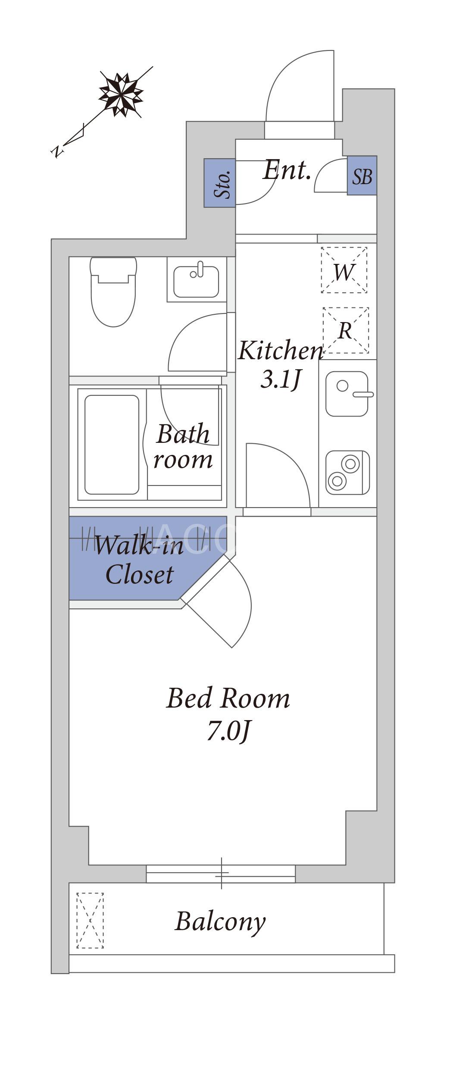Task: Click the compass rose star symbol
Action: tap(121, 94)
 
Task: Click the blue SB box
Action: tap(362, 175)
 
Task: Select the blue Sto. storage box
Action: tap(220, 183)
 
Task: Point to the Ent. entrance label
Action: tap(287, 170)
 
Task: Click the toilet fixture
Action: tap(113, 291)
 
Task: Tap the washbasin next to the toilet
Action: tap(196, 281)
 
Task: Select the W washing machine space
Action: tap(344, 270)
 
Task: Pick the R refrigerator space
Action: tap(346, 330)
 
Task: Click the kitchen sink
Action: tap(347, 394)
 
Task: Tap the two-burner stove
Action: tap(347, 473)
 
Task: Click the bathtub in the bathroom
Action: tap(112, 445)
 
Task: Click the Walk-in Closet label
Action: tap(139, 560)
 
